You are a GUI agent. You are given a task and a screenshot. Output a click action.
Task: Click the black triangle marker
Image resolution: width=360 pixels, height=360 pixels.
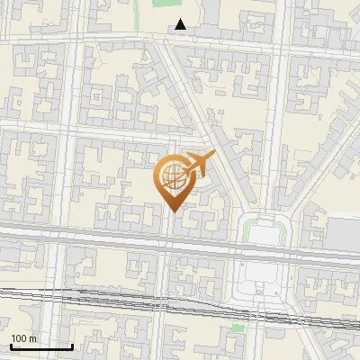coord(181,24)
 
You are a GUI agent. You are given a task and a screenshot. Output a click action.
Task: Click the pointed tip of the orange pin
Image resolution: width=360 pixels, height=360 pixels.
coord(174,211)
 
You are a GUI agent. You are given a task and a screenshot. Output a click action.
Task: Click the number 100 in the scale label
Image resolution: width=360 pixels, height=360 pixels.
coord(18,338)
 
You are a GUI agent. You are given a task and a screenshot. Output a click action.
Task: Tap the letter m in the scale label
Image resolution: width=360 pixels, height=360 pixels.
coord(32,338)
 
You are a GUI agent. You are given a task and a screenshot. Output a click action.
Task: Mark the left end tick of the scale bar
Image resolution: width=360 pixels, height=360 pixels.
coord(11,346)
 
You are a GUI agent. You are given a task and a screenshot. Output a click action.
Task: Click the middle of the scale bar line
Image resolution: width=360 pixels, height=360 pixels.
coord(41,347)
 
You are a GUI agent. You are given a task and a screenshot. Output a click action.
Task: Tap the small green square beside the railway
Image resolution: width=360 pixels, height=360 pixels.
coord(238,328)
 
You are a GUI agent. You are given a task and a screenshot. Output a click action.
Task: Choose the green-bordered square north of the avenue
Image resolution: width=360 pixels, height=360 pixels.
coord(265,232)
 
